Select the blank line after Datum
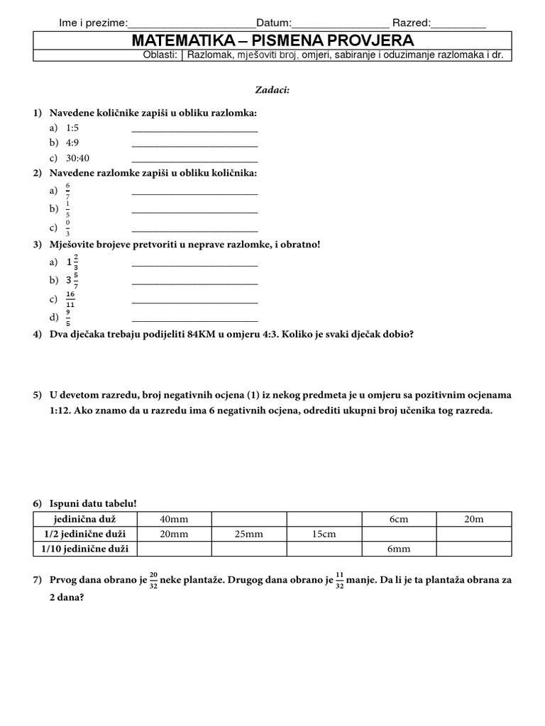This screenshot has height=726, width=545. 340,23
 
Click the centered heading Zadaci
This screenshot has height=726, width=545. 272,90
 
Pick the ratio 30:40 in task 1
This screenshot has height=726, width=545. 78,157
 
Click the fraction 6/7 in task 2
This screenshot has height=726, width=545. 68,191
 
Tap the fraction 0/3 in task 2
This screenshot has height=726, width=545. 68,228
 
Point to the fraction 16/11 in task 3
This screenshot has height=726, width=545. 70,299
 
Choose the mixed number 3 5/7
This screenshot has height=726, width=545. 72,280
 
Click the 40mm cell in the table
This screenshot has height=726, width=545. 174,519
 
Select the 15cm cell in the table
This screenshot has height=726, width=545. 324,534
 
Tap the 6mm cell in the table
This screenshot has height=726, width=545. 399,549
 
